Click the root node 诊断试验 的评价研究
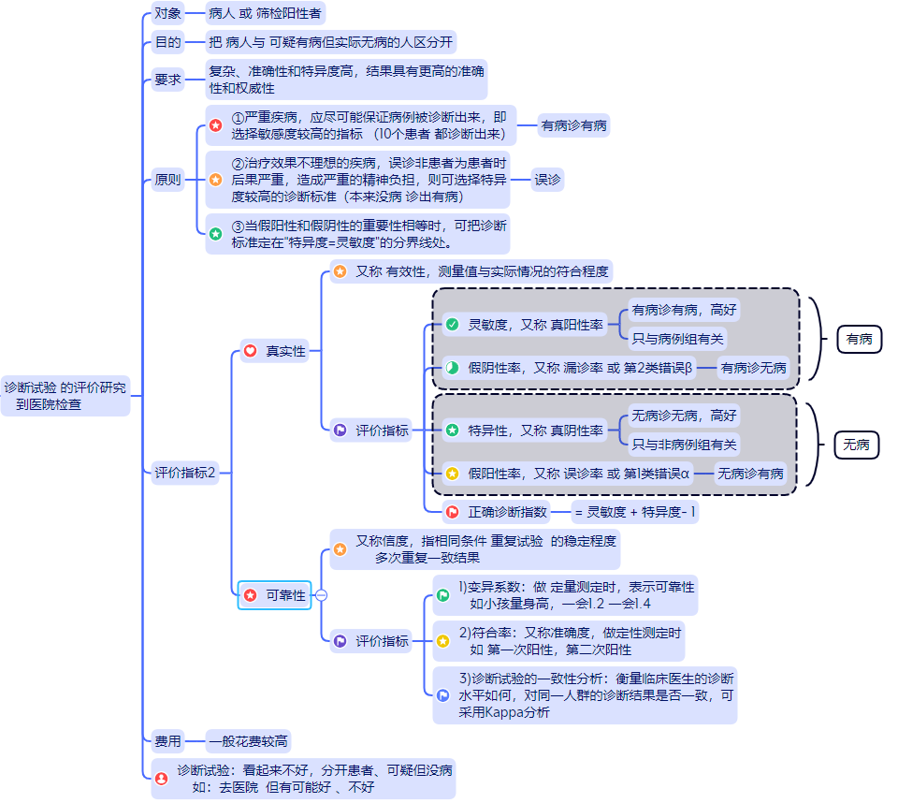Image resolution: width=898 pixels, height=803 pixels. coord(65,396)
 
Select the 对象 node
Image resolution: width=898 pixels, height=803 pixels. coord(168,13)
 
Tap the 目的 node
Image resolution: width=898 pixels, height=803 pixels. coord(168,42)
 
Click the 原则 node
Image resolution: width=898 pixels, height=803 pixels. coord(168,180)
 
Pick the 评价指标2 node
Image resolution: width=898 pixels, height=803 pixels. coord(185,473)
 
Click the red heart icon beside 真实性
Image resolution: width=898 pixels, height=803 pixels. coord(250,351)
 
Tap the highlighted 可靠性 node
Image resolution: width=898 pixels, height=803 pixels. coord(275,595)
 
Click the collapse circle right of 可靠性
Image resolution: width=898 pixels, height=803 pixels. coord(322,595)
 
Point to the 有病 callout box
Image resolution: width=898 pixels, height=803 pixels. coord(859,339)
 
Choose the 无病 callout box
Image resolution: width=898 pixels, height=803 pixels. coord(856,445)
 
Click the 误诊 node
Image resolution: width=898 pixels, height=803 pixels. coord(547,180)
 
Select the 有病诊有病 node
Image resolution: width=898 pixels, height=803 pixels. coord(573,125)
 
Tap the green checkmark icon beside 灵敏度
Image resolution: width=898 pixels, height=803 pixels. coord(452,324)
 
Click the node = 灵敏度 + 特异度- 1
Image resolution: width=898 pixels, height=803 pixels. coord(635,512)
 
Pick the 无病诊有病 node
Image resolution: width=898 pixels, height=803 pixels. coord(751,474)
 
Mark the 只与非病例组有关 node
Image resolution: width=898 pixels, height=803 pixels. coord(684,445)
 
